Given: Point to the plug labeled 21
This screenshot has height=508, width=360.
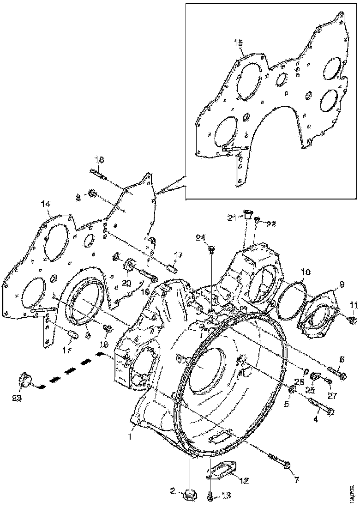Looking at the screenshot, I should [x=247, y=214].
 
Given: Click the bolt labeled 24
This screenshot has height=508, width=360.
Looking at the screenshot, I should [x=211, y=250].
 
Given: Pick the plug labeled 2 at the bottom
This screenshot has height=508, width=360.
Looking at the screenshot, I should [x=188, y=495].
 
